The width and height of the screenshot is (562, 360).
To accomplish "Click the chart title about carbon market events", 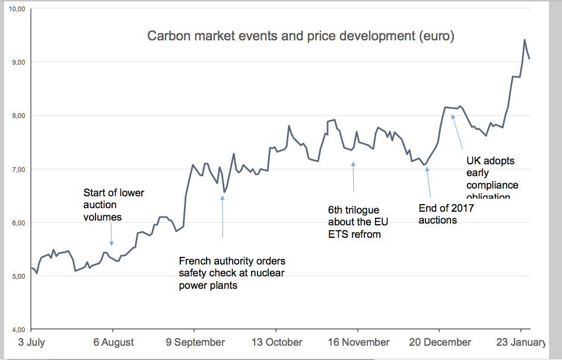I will [300, 36].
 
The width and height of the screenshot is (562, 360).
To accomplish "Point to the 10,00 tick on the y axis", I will [17, 9].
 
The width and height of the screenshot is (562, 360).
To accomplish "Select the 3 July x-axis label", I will [31, 343].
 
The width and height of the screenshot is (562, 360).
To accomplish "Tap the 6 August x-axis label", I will [113, 343].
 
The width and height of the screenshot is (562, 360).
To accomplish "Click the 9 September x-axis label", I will [195, 343].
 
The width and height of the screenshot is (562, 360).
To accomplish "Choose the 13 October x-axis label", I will [277, 343].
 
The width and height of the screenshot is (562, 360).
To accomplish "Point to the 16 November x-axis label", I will [358, 343].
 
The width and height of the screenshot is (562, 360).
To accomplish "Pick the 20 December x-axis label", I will [440, 343].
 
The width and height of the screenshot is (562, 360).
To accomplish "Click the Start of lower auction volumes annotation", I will [113, 205].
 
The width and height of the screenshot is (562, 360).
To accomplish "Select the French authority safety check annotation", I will [232, 273].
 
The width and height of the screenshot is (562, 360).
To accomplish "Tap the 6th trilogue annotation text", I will [354, 222].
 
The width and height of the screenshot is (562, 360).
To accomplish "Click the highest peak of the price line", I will [525, 40].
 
